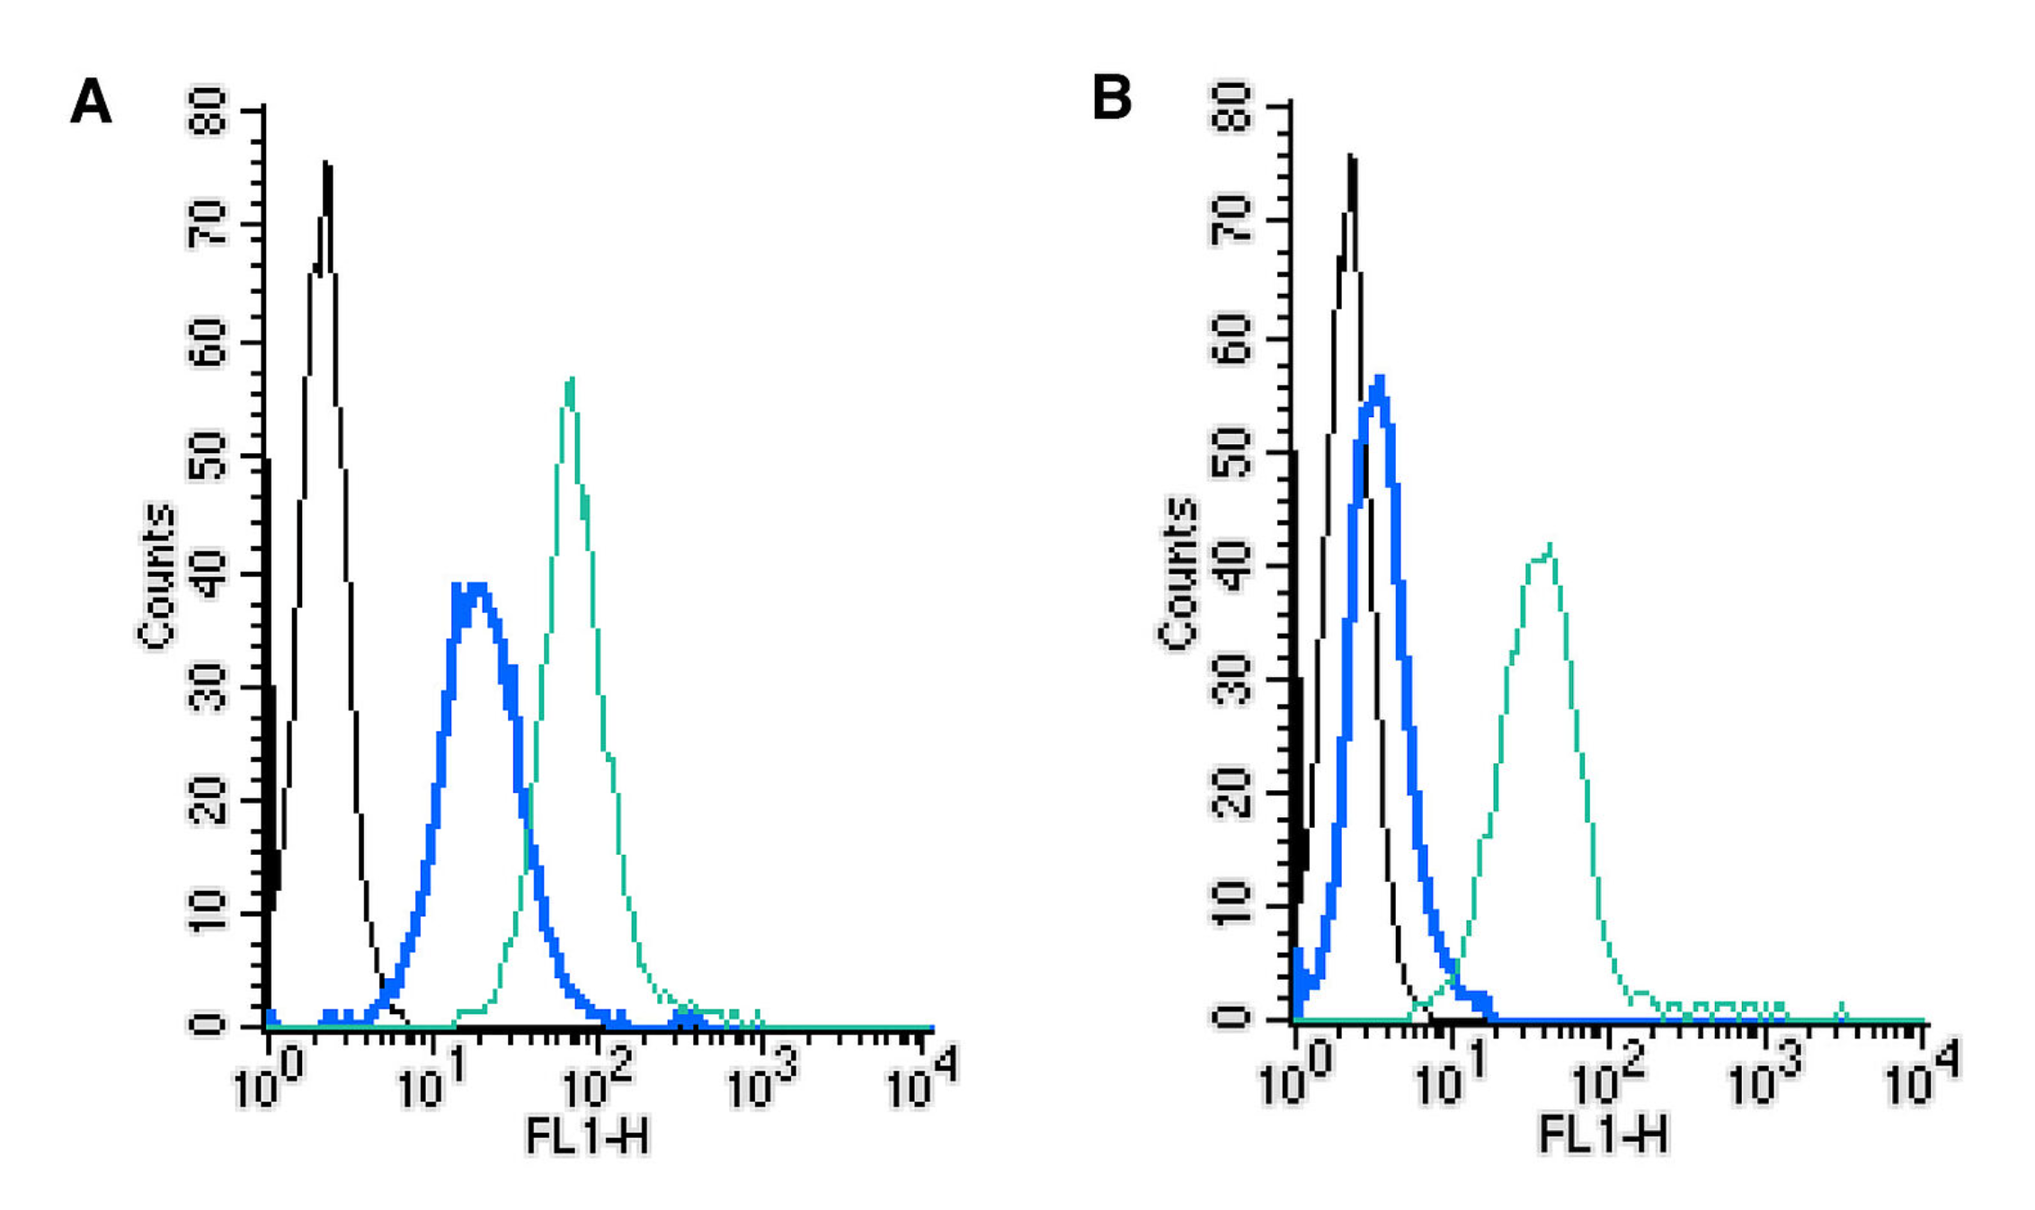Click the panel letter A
point(91,101)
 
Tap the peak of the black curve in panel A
point(326,165)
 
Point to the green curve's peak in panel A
point(571,380)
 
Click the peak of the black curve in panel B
point(1351,157)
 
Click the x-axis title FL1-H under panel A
point(586,1136)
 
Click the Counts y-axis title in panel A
point(156,575)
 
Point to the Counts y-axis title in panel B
point(1177,573)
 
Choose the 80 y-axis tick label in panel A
point(208,111)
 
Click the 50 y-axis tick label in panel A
point(208,457)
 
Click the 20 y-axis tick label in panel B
point(1231,793)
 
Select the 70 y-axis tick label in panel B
point(1231,221)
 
